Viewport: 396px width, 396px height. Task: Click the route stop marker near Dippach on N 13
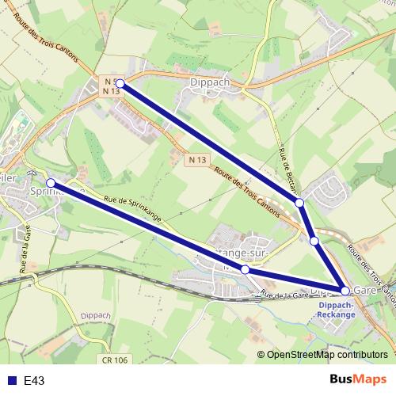click(x=120, y=82)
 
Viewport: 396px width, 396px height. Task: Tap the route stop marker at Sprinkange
click(x=51, y=183)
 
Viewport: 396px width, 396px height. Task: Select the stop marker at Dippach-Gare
click(x=345, y=291)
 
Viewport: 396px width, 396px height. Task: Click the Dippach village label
click(x=210, y=81)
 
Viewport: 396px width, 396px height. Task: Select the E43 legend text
click(x=34, y=381)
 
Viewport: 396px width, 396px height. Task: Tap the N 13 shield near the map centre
click(x=198, y=160)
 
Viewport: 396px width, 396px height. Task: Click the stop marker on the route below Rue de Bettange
click(x=300, y=204)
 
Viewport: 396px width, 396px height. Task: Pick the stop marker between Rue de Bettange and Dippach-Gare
click(x=314, y=241)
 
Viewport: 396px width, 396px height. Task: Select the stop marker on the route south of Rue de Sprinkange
click(x=246, y=270)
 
